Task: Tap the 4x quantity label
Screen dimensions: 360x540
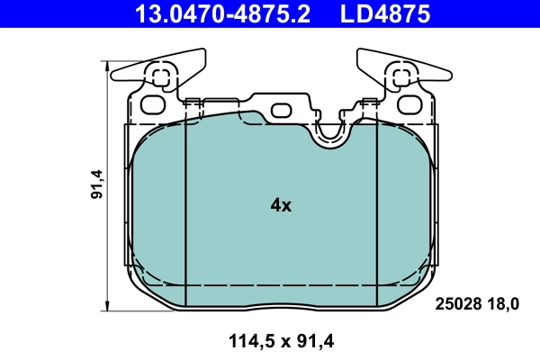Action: (x=281, y=205)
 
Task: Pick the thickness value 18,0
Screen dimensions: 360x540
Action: (x=504, y=304)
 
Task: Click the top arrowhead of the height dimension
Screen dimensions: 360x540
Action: (x=109, y=66)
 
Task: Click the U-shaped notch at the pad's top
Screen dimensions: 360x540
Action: (x=331, y=132)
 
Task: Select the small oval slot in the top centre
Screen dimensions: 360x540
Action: (x=282, y=111)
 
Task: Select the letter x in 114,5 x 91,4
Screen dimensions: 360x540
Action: (x=282, y=340)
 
